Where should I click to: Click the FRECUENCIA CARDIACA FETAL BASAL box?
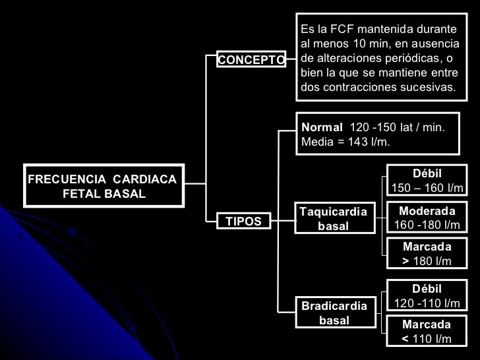click(x=104, y=186)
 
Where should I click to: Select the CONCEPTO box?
click(x=251, y=61)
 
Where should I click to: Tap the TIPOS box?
click(x=244, y=222)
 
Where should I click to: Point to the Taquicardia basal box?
click(x=333, y=219)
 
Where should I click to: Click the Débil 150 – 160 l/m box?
click(x=427, y=181)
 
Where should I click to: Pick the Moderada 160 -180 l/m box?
click(x=427, y=218)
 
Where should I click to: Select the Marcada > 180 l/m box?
click(x=427, y=254)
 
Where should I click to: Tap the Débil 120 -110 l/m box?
click(x=427, y=297)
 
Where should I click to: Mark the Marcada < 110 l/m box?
click(x=427, y=332)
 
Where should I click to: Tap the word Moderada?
click(x=427, y=211)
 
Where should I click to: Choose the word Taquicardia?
click(x=333, y=212)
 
